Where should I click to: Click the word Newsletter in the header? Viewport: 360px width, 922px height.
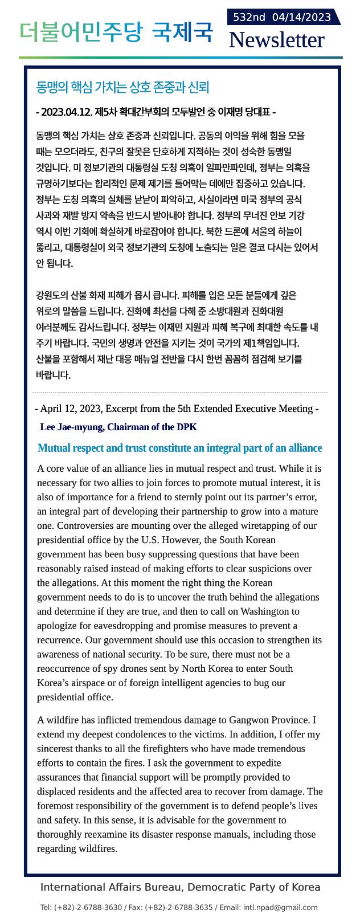point(276,40)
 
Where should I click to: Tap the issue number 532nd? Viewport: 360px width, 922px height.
point(249,17)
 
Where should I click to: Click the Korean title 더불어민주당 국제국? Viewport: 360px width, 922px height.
point(116,32)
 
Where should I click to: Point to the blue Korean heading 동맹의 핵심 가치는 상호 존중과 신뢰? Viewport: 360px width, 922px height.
point(123,87)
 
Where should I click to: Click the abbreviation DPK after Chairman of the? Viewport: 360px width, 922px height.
point(187,427)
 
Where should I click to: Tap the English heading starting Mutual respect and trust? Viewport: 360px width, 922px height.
point(179,448)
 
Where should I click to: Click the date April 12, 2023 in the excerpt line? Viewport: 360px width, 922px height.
point(71,409)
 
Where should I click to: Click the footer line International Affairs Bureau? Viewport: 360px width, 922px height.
point(180,887)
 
